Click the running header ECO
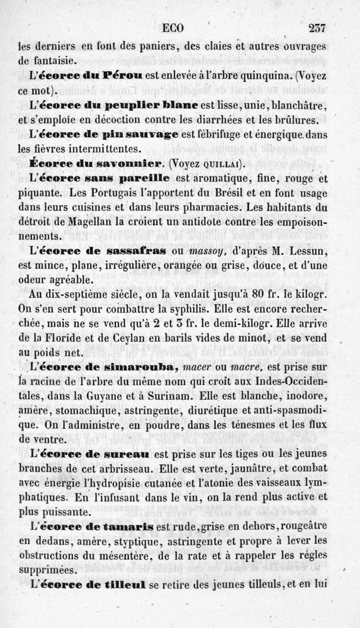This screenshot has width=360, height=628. point(173,28)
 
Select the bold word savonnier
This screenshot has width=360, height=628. point(127,163)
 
